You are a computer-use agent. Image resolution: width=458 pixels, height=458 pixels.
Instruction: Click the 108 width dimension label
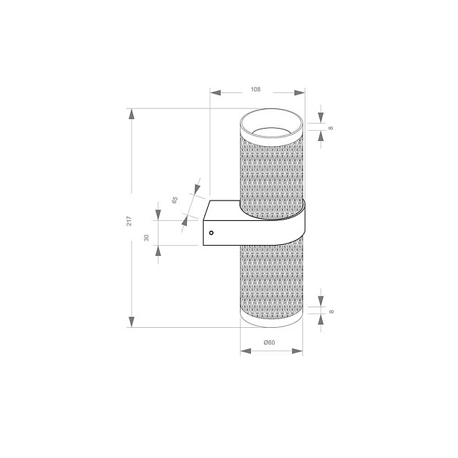click(x=255, y=89)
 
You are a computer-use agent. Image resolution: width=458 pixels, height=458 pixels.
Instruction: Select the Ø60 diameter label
click(x=269, y=342)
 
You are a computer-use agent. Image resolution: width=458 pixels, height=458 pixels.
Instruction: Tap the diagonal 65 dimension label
click(x=175, y=199)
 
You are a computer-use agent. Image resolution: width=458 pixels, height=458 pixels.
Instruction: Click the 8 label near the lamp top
click(x=331, y=127)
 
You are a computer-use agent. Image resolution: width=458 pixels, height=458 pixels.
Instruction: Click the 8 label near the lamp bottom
click(x=331, y=311)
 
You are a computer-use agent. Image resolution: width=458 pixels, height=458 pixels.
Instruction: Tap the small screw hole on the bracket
click(x=211, y=233)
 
